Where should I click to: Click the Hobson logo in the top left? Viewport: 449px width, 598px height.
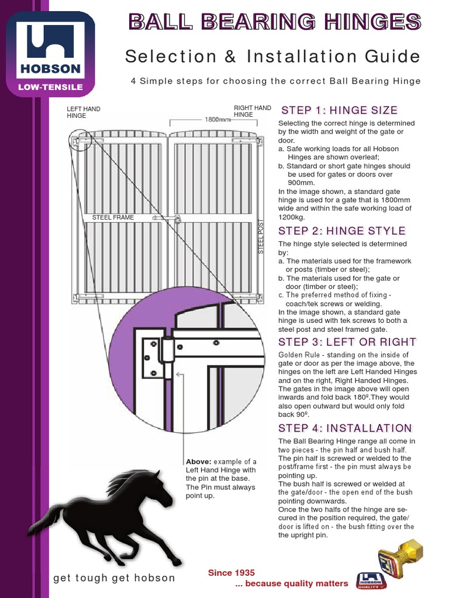coord(51,54)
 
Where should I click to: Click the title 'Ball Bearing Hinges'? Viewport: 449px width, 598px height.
coord(274,22)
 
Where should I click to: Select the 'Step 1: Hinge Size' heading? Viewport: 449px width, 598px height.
coord(339,110)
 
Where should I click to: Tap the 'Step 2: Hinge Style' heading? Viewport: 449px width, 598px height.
coord(342,231)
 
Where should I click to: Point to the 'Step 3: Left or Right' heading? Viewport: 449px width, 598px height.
coord(347,342)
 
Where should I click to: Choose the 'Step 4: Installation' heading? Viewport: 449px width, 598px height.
coord(345,428)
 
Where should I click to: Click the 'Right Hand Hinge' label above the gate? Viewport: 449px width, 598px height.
coord(252,111)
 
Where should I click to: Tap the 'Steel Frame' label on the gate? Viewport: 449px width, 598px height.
coord(113,217)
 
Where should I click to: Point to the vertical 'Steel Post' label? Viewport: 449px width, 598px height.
coord(261,237)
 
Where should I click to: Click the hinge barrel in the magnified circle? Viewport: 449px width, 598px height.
coord(168,356)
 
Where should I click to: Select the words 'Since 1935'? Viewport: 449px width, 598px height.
coord(232,573)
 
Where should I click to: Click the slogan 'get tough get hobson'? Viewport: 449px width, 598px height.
coord(114,578)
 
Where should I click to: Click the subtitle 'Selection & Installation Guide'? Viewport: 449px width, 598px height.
coord(272,57)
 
